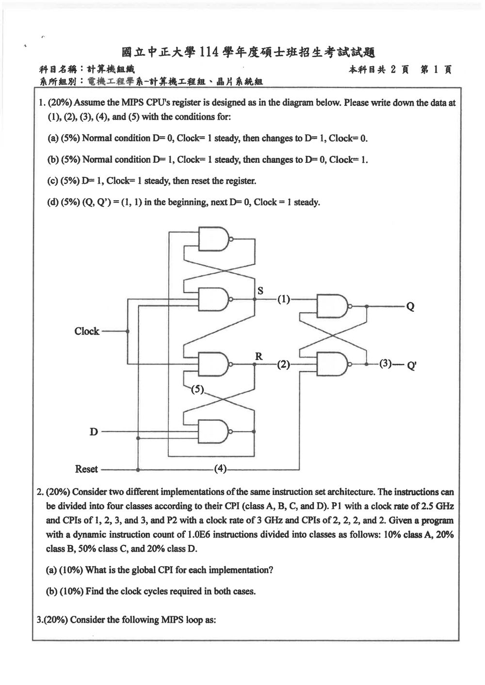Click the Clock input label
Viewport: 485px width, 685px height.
(87, 331)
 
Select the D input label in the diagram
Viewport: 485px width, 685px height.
(94, 432)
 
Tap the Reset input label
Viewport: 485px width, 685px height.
(87, 469)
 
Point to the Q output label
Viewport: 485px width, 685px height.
(410, 306)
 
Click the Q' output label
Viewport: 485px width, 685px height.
(412, 366)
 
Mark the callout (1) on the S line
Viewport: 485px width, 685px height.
(284, 300)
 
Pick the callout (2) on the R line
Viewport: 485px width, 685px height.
(284, 364)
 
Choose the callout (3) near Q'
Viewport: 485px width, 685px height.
(385, 363)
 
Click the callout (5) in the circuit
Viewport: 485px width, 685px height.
(197, 389)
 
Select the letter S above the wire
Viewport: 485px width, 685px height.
(260, 290)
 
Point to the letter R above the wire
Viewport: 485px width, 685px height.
(259, 356)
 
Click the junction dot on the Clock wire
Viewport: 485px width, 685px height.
(128, 331)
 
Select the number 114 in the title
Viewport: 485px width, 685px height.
(209, 53)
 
